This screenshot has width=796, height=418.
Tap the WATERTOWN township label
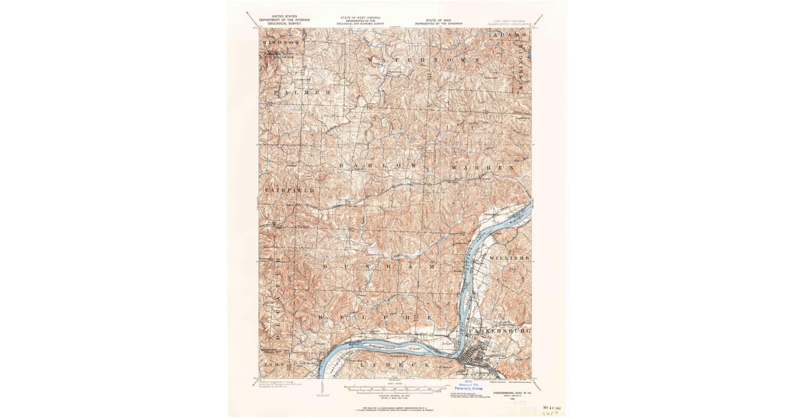(423, 60)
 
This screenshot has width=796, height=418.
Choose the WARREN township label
(483, 168)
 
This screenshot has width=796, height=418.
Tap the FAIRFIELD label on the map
(289, 190)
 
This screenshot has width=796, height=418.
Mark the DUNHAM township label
(379, 266)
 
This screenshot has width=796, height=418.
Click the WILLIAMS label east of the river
(510, 257)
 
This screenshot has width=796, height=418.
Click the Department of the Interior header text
(280, 21)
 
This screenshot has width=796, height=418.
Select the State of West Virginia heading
(360, 19)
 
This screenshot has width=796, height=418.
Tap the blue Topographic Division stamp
(471, 385)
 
